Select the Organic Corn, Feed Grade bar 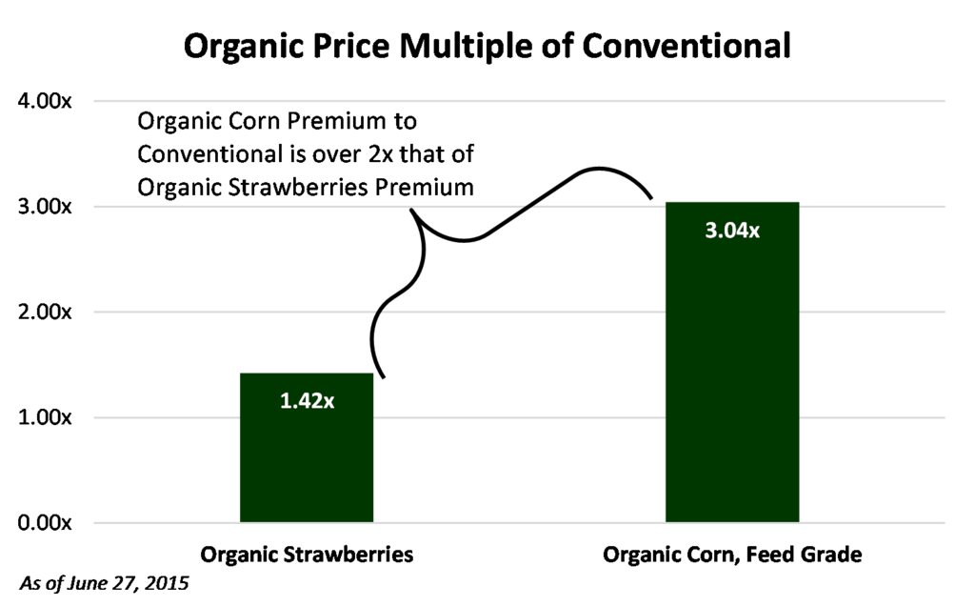tap(731, 381)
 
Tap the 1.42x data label tap(307, 400)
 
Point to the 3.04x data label tap(731, 231)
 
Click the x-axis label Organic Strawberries tap(306, 555)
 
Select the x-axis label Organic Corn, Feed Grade tap(731, 555)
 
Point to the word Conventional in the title tap(685, 45)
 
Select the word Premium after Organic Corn tap(330, 122)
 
